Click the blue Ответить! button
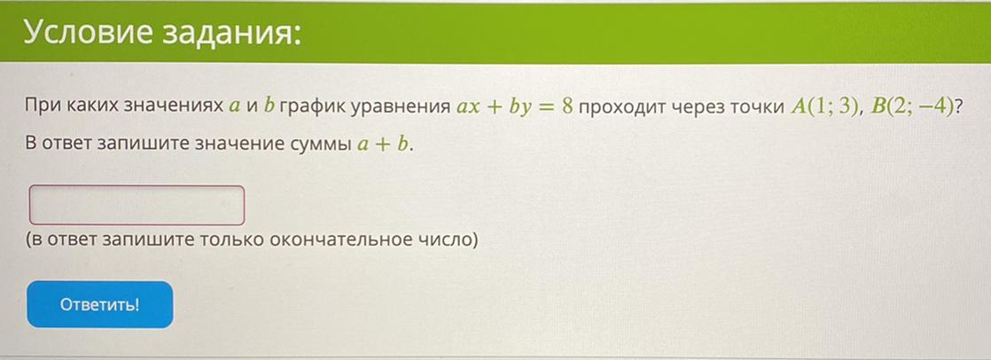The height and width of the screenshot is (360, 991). [x=100, y=304]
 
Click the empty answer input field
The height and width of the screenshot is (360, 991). [x=137, y=205]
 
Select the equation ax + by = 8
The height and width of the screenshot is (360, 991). [x=514, y=106]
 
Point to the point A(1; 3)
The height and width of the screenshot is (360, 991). [x=824, y=106]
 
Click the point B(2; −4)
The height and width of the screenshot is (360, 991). [x=912, y=106]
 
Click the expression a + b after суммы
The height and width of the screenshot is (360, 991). [x=382, y=145]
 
